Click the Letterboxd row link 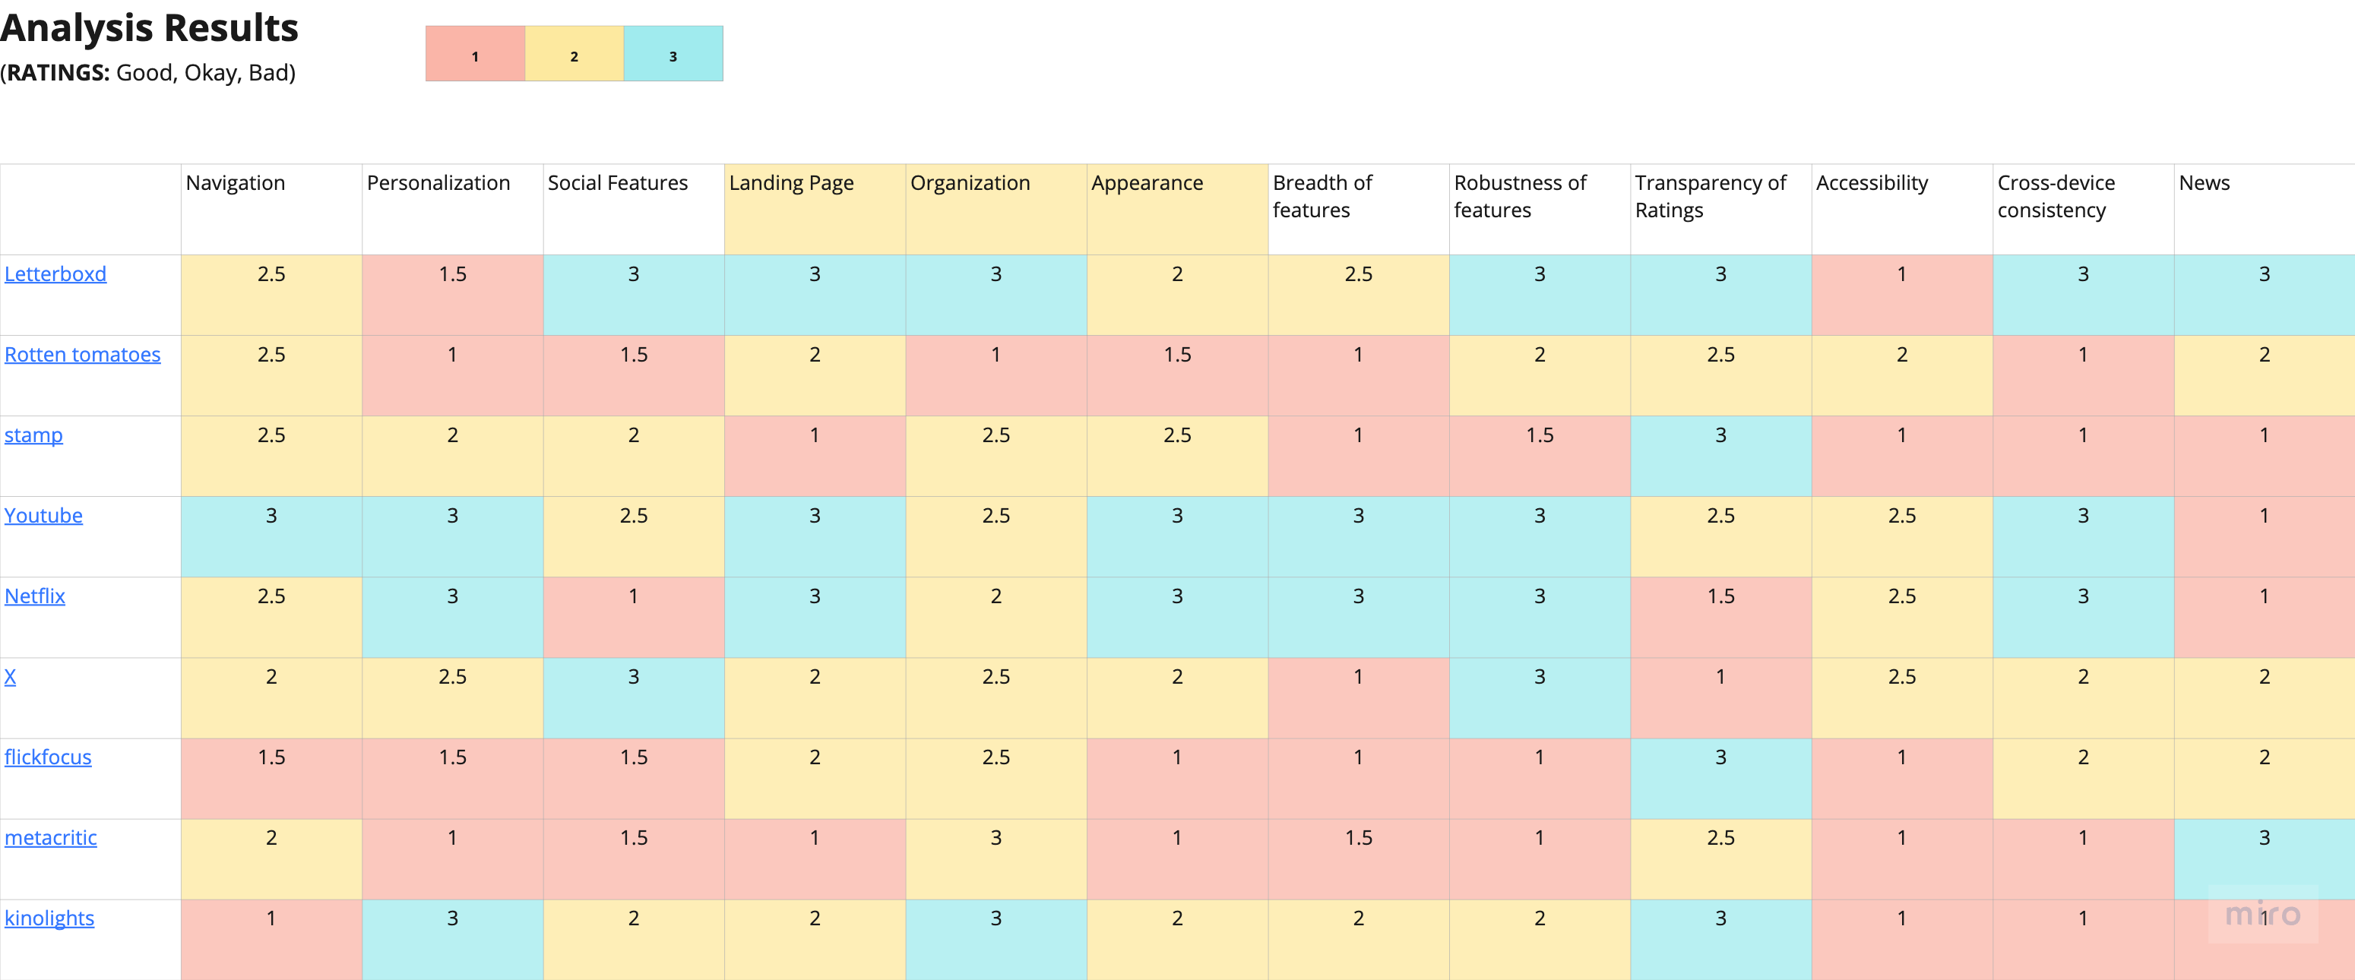click(55, 274)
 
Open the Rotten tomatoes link click(82, 355)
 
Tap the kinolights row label click(49, 918)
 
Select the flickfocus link click(48, 757)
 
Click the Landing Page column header click(791, 183)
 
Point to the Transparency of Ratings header click(1710, 197)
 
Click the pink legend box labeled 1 click(474, 54)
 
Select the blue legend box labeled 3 click(673, 54)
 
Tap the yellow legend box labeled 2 click(575, 54)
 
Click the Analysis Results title click(149, 27)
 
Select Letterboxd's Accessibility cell click(1901, 294)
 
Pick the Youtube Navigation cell click(271, 536)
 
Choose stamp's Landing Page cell click(815, 455)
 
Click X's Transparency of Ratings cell click(1720, 697)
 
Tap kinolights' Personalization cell click(452, 939)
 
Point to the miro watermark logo click(2262, 914)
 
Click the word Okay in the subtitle click(211, 73)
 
